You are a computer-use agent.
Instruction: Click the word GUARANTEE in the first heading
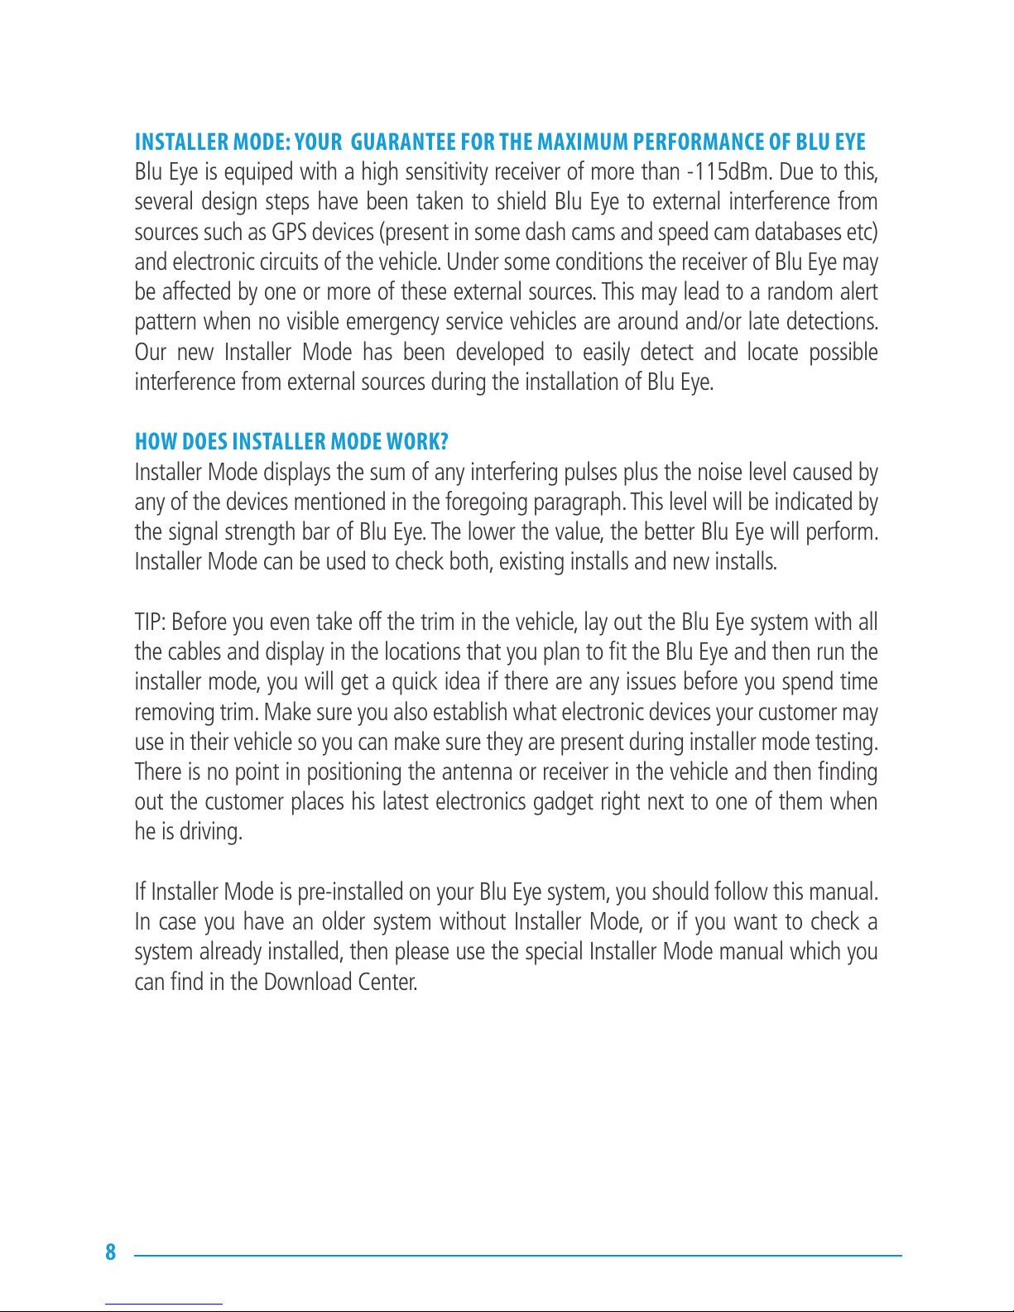[x=402, y=142]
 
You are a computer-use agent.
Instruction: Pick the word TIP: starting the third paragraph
[x=151, y=622]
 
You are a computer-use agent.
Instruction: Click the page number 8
[x=111, y=1252]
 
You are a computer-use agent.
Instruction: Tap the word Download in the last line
[x=307, y=983]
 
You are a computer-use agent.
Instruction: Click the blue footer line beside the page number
[x=517, y=1256]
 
